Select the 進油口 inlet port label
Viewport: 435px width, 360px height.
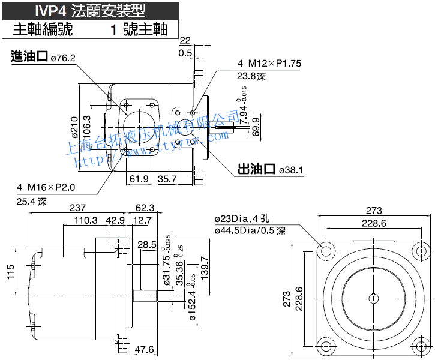(x=29, y=57)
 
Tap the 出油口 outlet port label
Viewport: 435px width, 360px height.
(x=256, y=170)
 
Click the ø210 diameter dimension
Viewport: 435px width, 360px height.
(x=74, y=127)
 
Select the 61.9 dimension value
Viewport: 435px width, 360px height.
(x=139, y=178)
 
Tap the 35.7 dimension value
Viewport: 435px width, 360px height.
(x=166, y=178)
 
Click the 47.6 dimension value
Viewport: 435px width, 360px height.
(x=145, y=349)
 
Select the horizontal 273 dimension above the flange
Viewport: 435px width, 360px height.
(x=374, y=211)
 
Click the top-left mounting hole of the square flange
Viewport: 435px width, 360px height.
(x=327, y=248)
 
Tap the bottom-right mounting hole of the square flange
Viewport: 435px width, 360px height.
(x=420, y=346)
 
